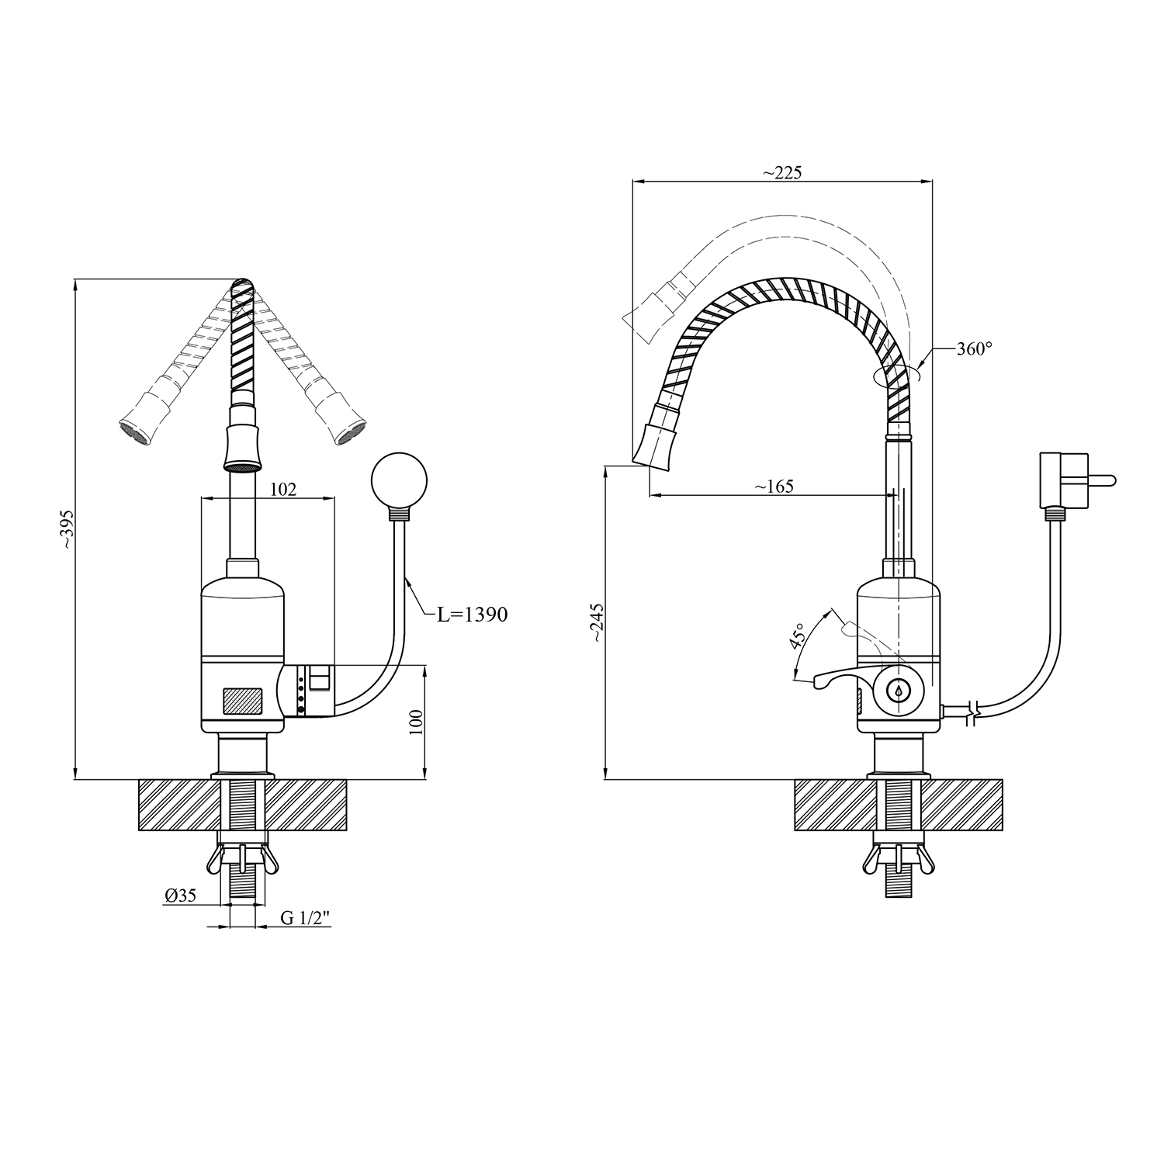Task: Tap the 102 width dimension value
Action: pyautogui.click(x=283, y=489)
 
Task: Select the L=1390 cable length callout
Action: pyautogui.click(x=472, y=615)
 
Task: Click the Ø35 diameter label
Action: pyautogui.click(x=180, y=896)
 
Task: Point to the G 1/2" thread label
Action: pyautogui.click(x=306, y=918)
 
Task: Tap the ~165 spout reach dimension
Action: pyautogui.click(x=774, y=487)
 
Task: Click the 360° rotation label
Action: pyautogui.click(x=974, y=349)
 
